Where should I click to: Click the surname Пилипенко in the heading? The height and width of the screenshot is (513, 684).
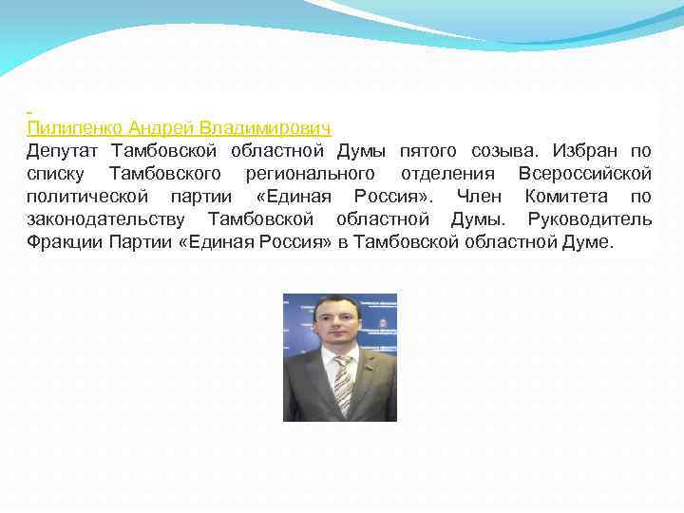76,128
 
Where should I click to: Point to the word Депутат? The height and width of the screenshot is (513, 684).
63,151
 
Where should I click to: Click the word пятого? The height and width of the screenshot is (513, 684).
435,151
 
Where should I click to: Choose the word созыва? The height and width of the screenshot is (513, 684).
509,151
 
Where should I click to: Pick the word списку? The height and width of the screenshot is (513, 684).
55,174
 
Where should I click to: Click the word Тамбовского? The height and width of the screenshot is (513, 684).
165,174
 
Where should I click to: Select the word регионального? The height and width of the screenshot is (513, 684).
310,174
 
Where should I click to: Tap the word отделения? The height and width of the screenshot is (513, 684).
447,174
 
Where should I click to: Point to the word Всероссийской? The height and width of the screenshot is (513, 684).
585,174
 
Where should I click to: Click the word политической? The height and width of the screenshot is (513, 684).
87,197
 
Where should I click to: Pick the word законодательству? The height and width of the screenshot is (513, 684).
107,219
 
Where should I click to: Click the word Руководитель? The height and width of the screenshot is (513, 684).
590,219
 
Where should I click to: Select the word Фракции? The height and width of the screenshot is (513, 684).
63,242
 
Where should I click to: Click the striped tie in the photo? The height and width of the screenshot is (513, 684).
342,384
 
